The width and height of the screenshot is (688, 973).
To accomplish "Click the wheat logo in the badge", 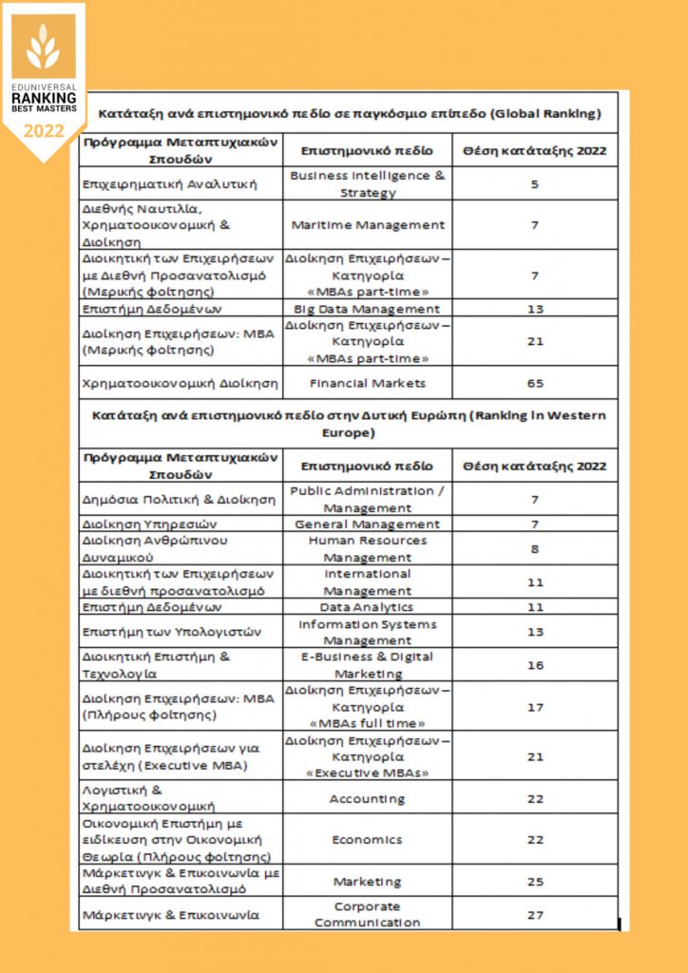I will [x=43, y=48].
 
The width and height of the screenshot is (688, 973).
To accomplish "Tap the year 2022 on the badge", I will [x=43, y=131].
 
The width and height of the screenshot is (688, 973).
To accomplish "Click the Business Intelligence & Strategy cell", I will [x=367, y=183].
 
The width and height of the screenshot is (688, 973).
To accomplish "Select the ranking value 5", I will [x=534, y=183].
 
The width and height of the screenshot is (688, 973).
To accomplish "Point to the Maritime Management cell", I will [x=367, y=225].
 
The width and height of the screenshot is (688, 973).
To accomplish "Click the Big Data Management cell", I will [x=367, y=309].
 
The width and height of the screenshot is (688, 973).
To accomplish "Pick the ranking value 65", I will [x=534, y=383].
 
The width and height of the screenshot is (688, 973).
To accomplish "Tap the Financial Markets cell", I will [x=367, y=383].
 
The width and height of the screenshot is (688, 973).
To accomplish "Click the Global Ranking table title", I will [x=350, y=114].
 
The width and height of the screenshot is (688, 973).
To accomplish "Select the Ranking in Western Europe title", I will [x=350, y=424].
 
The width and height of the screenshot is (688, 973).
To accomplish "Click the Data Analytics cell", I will [x=367, y=607].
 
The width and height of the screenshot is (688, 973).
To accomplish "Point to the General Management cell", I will [x=367, y=524].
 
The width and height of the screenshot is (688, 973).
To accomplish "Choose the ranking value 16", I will [x=534, y=665].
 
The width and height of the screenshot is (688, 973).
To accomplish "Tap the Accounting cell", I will [x=367, y=798].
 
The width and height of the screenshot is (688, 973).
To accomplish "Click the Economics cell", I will [x=367, y=840].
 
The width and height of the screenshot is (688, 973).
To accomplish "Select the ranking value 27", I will [x=534, y=914].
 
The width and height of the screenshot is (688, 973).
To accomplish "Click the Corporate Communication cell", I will [x=367, y=914].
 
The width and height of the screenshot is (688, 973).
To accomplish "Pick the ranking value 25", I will [x=534, y=881].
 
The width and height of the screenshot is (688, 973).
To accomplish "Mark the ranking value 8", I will [x=534, y=548].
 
